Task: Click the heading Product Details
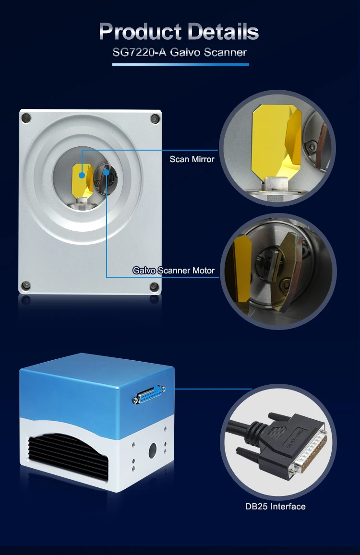point(179,31)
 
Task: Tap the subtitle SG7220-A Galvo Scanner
point(180,52)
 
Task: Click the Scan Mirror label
point(192,159)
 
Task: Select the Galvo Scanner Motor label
point(174,271)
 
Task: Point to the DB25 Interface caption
point(276,507)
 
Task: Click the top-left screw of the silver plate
point(26,118)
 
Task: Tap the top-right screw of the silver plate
point(155,118)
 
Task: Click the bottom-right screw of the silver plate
point(154,286)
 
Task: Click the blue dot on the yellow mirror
point(82,175)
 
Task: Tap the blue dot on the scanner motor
point(107,172)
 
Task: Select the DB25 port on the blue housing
point(149,394)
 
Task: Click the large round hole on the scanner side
point(152,450)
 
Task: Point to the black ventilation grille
point(68,456)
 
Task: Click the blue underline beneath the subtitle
point(180,64)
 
